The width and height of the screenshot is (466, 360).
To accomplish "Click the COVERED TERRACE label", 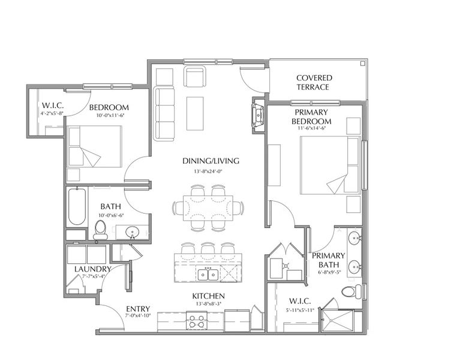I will coord(314,82).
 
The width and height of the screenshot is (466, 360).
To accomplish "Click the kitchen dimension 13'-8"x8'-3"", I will coord(208,305).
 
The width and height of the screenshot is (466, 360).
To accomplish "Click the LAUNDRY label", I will coord(92,269).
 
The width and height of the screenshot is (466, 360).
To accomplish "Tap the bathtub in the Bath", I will coord(77,206).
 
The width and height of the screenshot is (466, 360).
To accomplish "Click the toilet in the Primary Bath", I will coord(350,292).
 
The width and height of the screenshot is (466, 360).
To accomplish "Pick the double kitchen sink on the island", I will coord(208,274).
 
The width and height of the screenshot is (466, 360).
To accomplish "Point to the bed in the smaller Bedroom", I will coord(94,146).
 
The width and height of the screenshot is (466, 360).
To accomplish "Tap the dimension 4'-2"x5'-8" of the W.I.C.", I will coord(52,113).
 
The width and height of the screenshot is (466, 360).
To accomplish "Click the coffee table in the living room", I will coord(195,112).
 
